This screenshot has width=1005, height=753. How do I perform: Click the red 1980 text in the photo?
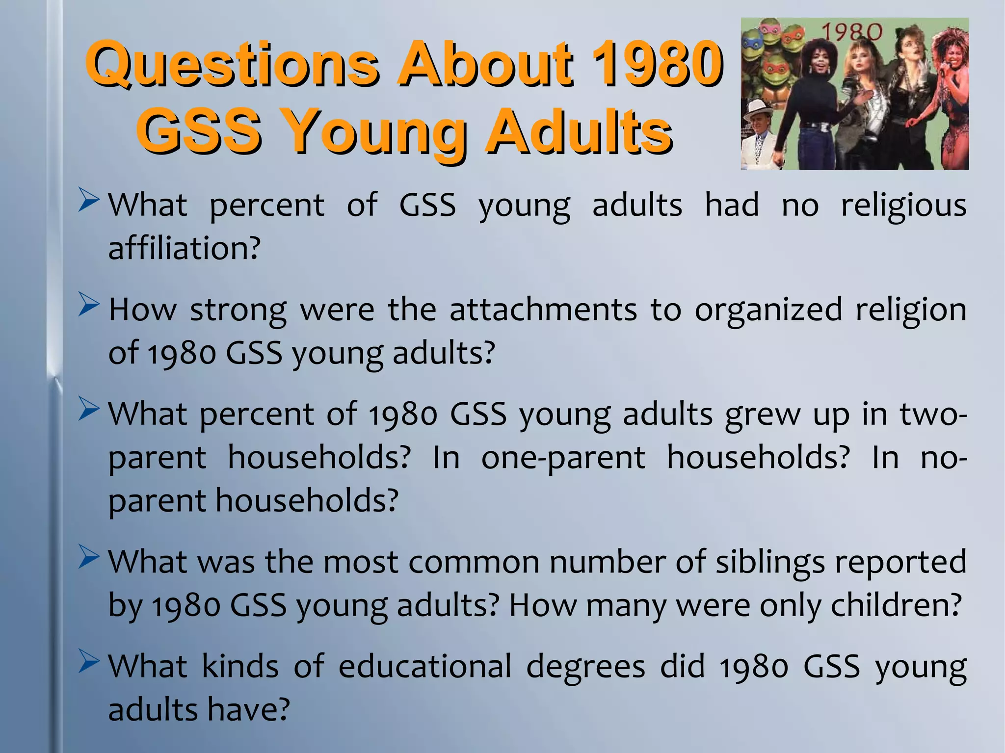pyautogui.click(x=852, y=32)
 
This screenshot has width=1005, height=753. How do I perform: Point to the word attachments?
pyautogui.click(x=543, y=310)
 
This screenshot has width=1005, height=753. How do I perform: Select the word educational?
pyautogui.click(x=425, y=667)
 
